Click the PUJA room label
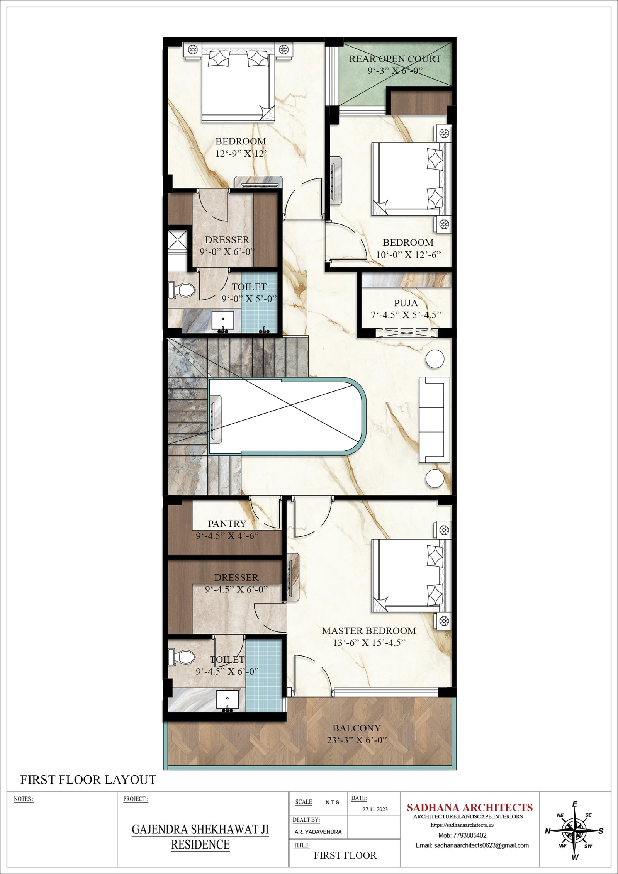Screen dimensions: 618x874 [406, 303]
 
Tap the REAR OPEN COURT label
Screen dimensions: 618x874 [395, 59]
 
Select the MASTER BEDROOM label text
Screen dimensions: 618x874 [369, 631]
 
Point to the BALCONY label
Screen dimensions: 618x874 [357, 728]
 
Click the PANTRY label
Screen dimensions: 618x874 [227, 524]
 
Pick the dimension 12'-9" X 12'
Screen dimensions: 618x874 [241, 154]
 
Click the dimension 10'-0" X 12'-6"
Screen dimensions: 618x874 [408, 255]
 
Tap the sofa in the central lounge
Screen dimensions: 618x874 [435, 419]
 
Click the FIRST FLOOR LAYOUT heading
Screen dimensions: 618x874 [88, 780]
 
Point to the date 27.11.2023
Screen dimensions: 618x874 [375, 809]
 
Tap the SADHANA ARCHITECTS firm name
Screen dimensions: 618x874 [470, 808]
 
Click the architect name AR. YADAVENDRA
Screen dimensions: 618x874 [318, 832]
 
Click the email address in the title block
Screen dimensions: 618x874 [472, 845]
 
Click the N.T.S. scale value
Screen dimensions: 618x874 [333, 803]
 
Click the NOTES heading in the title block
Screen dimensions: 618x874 [24, 799]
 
